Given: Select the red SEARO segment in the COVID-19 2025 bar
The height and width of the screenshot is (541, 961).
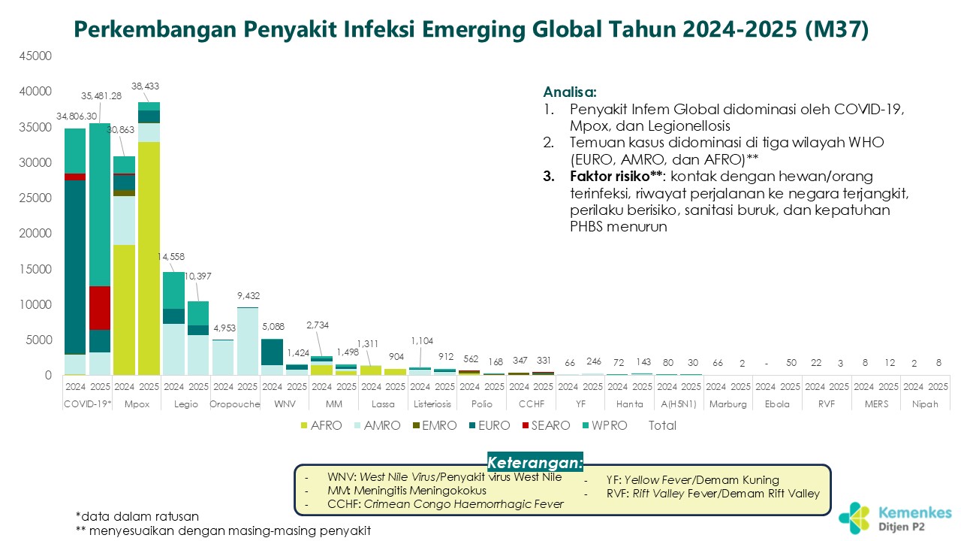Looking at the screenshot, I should tap(99, 307).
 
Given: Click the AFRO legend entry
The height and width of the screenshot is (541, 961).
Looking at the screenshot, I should tap(321, 425).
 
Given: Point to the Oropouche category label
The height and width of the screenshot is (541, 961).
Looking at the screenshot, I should tap(235, 403).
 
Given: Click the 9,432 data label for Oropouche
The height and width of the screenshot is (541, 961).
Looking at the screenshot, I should tap(248, 295).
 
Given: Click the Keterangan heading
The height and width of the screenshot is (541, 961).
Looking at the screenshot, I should tap(535, 461).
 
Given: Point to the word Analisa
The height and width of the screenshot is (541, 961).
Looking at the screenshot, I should tap(570, 92).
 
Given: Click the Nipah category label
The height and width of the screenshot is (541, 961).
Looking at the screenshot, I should tap(926, 403).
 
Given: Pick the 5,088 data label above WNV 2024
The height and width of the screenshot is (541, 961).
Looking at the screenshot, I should tap(273, 326).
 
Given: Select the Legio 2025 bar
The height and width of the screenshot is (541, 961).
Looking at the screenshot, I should tap(198, 338).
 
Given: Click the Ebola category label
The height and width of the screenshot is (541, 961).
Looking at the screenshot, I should tap(778, 403).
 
